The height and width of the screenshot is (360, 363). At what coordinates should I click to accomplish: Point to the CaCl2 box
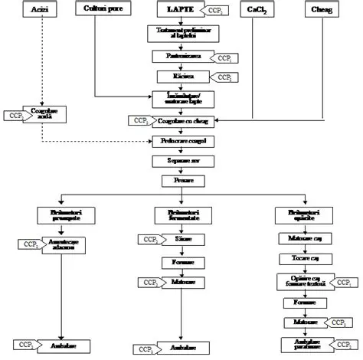coord(257,9)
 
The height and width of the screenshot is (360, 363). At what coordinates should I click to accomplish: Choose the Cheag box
coord(322,9)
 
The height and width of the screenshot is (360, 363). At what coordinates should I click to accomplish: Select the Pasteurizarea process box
coord(181,57)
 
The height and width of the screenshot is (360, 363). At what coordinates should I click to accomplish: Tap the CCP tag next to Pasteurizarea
coord(226,57)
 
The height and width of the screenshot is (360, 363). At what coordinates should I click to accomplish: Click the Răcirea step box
coord(181,77)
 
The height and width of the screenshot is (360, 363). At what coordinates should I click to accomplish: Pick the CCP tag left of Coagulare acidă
coord(13,115)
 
